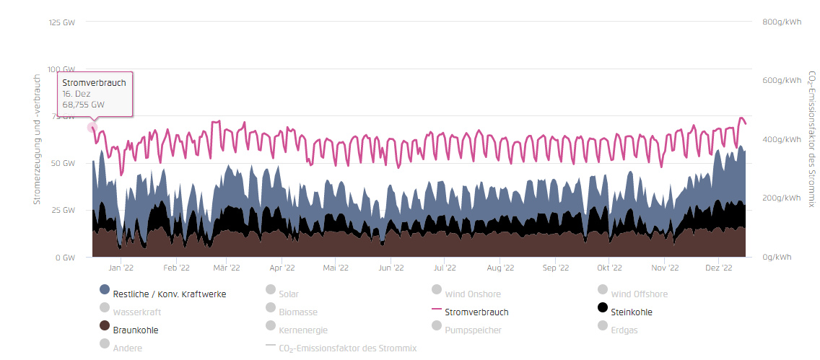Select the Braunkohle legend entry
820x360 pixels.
pos(128,330)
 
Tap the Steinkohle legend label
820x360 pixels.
pos(632,312)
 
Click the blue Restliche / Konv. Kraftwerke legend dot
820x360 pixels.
pos(105,289)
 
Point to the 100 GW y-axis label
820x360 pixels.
pos(61,69)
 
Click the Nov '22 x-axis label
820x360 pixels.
pos(665,268)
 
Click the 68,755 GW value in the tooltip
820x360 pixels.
pos(84,105)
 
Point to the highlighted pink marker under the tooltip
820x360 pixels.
pos(92,127)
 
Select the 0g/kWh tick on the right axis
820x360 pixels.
pos(777,257)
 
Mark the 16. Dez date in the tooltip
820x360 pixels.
pos(77,94)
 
